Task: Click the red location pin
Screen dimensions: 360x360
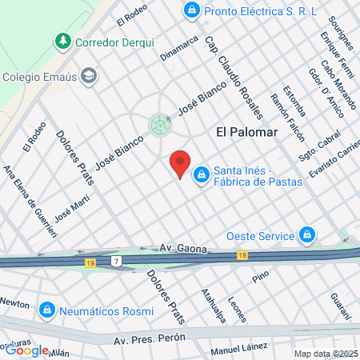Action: (x=180, y=164)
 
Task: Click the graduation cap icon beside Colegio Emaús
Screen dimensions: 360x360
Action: (x=90, y=77)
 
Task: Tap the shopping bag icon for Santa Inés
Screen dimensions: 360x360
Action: (x=201, y=173)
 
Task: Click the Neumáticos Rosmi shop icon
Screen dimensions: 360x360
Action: (x=47, y=308)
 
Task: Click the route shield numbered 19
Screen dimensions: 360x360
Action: (x=90, y=262)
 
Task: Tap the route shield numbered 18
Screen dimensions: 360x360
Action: (x=242, y=255)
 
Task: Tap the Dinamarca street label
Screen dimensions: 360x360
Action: (x=178, y=48)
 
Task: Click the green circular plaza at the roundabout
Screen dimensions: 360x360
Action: (x=160, y=124)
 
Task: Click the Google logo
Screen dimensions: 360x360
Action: (x=26, y=350)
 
